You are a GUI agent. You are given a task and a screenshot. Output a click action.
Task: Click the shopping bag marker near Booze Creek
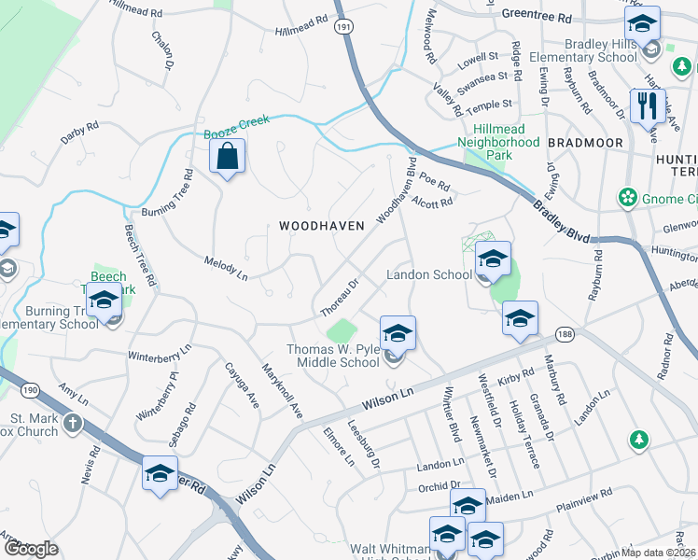pyautogui.click(x=228, y=159)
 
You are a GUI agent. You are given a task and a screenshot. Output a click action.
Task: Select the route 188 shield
pyautogui.click(x=564, y=333)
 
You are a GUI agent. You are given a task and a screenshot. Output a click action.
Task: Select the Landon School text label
pyautogui.click(x=429, y=275)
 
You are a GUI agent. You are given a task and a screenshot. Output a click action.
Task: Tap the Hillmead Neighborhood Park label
pyautogui.click(x=498, y=136)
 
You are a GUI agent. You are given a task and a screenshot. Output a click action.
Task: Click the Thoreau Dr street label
pyautogui.click(x=340, y=297)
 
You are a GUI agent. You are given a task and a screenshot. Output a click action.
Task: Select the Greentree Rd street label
pyautogui.click(x=536, y=18)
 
